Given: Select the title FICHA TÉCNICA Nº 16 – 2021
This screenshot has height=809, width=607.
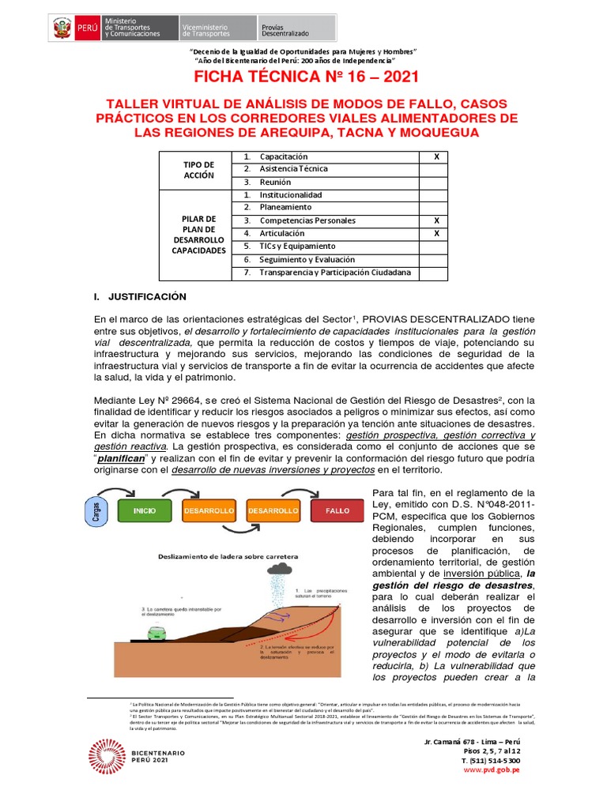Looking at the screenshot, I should pyautogui.click(x=303, y=77).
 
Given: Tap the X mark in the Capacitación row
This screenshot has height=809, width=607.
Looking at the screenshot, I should pyautogui.click(x=435, y=156).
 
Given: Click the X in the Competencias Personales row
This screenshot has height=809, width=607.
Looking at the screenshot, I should pyautogui.click(x=435, y=220).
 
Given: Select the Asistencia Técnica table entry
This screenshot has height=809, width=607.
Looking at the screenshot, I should pyautogui.click(x=293, y=169).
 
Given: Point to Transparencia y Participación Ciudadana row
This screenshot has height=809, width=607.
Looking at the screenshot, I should pyautogui.click(x=335, y=273).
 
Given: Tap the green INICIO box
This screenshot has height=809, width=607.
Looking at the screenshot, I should pyautogui.click(x=145, y=511).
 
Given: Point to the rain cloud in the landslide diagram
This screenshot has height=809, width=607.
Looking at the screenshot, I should pyautogui.click(x=281, y=567).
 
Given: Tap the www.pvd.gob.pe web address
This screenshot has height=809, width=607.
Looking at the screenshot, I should pyautogui.click(x=491, y=769).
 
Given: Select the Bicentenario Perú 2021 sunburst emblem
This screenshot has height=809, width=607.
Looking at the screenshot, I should pyautogui.click(x=107, y=755).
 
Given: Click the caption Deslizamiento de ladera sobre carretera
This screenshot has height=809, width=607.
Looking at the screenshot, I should pyautogui.click(x=223, y=555).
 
